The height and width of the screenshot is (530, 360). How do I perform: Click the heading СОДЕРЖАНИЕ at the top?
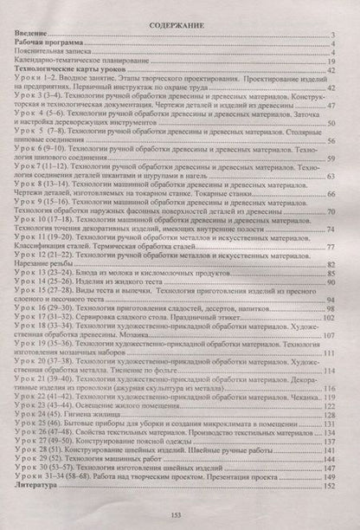point(180,27)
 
